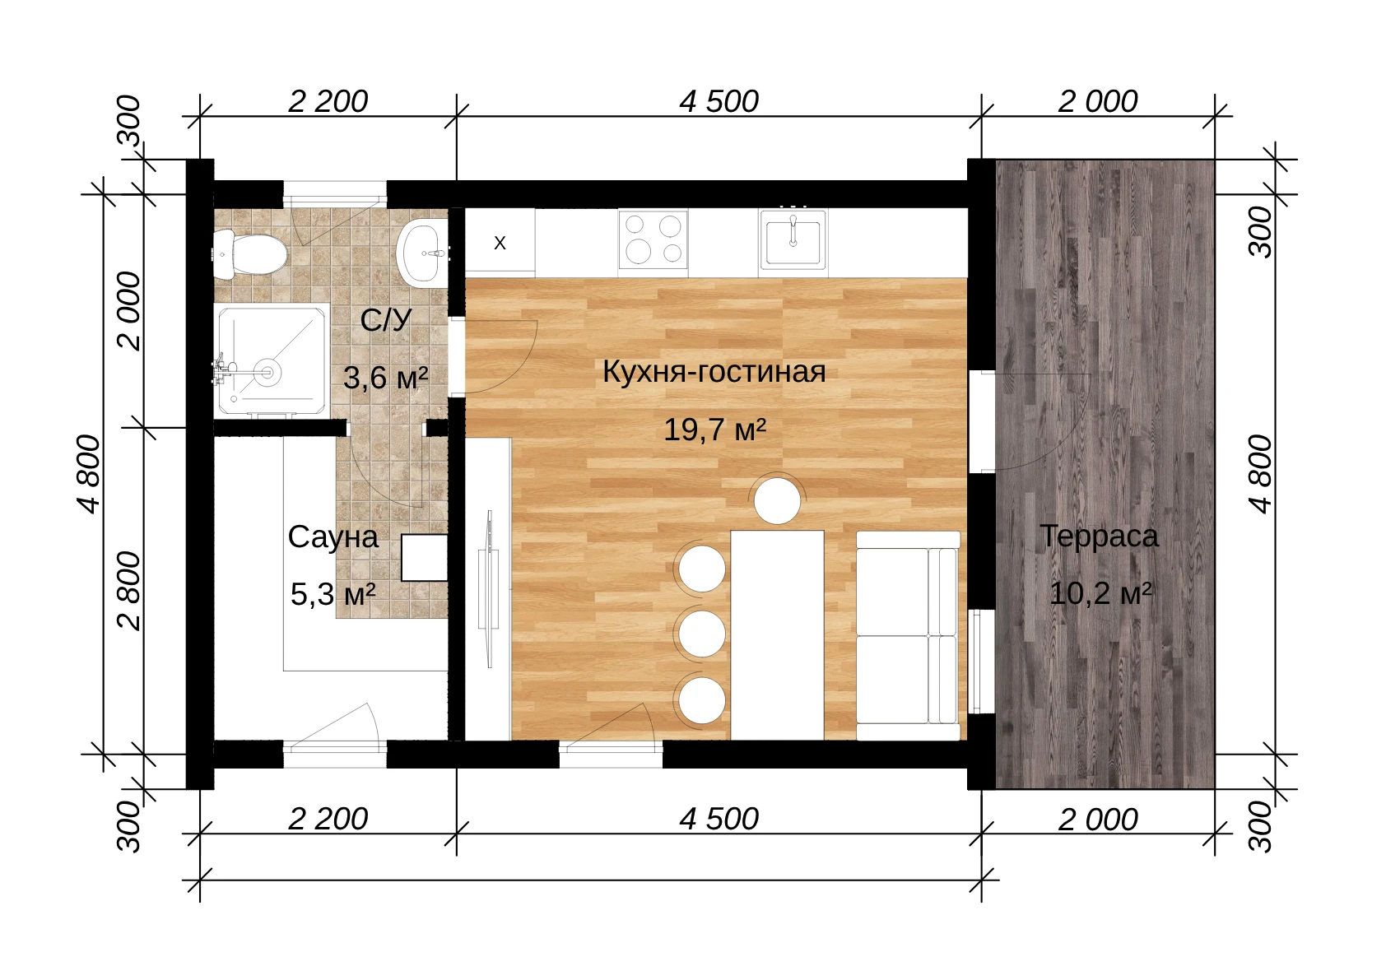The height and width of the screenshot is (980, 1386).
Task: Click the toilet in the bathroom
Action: (x=249, y=253)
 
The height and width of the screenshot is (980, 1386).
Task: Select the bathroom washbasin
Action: (x=423, y=253)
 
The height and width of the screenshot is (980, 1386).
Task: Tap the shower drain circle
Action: (x=268, y=373)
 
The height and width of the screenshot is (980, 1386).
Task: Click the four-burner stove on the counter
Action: (x=653, y=239)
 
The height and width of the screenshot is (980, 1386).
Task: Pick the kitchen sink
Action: (x=793, y=238)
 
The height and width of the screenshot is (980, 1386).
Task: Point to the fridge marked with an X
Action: (x=500, y=242)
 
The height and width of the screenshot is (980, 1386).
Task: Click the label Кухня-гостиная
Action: (x=714, y=372)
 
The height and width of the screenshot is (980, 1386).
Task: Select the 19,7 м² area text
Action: (x=714, y=429)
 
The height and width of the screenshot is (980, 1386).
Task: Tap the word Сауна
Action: (x=333, y=537)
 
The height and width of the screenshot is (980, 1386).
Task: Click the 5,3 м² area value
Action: (x=333, y=594)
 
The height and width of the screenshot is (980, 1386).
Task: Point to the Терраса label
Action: (x=1099, y=536)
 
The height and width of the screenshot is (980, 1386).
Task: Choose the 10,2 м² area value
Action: (x=1100, y=593)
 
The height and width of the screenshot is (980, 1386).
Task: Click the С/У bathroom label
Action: (x=385, y=320)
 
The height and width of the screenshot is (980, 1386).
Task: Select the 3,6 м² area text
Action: (x=385, y=377)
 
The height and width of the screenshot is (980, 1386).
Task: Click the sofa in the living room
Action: (x=908, y=635)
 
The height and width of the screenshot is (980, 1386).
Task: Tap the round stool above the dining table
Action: (x=776, y=501)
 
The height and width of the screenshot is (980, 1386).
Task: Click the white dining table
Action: (x=777, y=634)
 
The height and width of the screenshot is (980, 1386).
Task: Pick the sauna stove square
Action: (x=424, y=558)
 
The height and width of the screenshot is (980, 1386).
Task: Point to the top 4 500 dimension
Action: (x=719, y=101)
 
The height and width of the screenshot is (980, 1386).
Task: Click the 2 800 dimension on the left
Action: (x=130, y=591)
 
